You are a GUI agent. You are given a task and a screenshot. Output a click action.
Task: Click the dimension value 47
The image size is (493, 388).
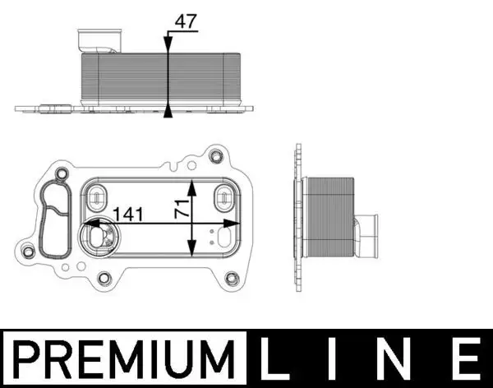pos(187,22)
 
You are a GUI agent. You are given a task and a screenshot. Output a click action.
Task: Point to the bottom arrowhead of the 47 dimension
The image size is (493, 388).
pos(168,111)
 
